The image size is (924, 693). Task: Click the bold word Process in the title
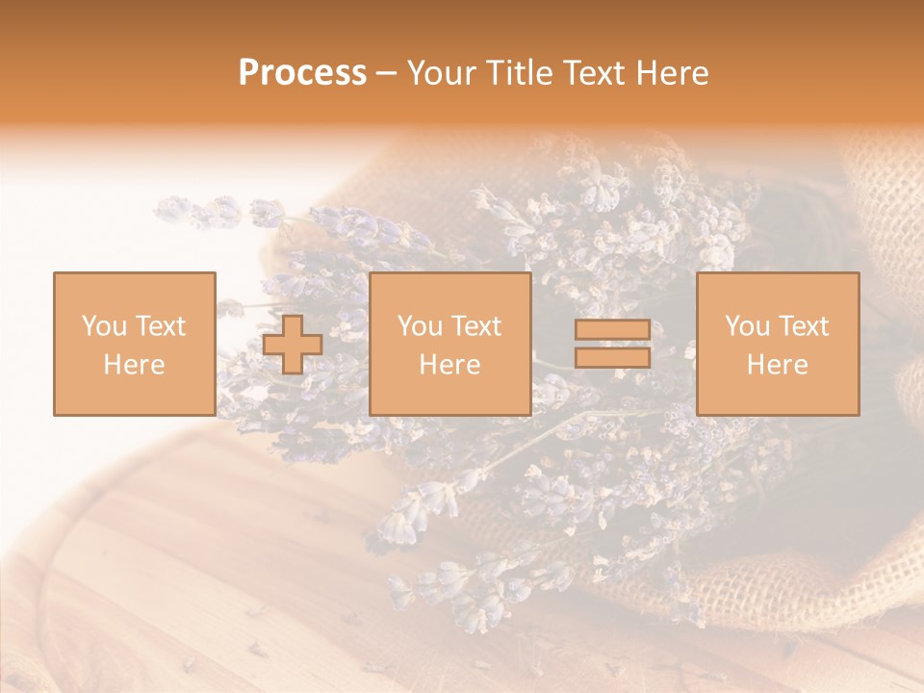302,73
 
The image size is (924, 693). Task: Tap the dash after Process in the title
386,74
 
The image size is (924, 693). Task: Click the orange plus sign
293,345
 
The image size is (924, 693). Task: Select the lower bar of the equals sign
612,357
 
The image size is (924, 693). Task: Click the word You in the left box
103,326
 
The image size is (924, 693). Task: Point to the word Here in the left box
134,365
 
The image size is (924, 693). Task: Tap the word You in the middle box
420,326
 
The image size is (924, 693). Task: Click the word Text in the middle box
475,326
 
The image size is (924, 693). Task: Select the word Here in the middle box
449,365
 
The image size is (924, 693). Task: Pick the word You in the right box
747,326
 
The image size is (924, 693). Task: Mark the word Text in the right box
803,326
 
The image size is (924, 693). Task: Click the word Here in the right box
777,365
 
